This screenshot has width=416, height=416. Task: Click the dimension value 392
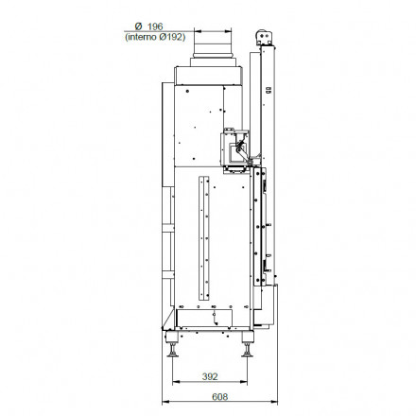(x=210, y=376)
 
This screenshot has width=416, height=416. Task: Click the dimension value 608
(x=219, y=397)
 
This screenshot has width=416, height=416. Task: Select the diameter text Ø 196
(x=149, y=26)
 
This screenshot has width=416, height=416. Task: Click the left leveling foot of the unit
(x=173, y=351)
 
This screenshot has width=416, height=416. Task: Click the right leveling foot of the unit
(x=247, y=351)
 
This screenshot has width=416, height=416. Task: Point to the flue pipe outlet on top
(x=211, y=44)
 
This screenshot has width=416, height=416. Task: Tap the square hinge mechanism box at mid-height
(x=231, y=145)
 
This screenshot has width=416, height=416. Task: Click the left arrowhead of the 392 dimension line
(x=175, y=383)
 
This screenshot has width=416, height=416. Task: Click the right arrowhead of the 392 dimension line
(x=246, y=383)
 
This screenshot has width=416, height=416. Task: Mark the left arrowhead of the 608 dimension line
(x=163, y=404)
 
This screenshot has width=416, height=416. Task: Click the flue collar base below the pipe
(x=211, y=62)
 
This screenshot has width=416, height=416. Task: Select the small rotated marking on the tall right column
(x=268, y=92)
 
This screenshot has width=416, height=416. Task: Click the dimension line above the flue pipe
(x=211, y=31)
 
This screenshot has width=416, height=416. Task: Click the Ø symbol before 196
(x=138, y=26)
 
